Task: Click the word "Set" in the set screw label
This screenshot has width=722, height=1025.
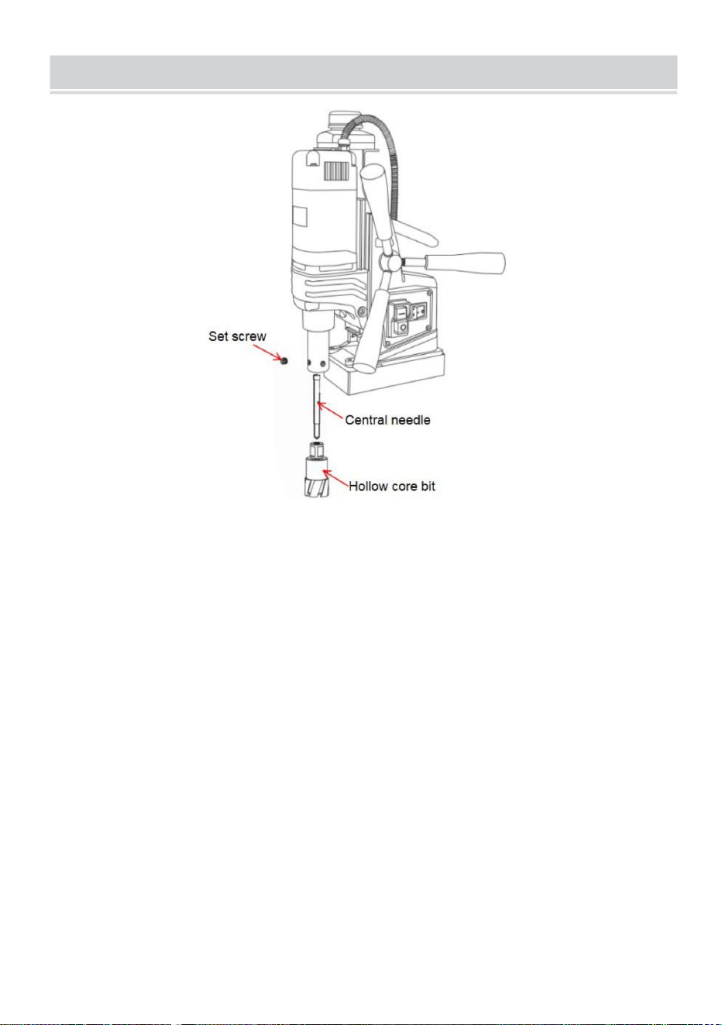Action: (x=218, y=336)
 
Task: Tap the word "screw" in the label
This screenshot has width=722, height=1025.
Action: (x=249, y=337)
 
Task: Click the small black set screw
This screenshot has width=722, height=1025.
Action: (x=284, y=361)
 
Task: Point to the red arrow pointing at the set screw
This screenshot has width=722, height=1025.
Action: (x=266, y=352)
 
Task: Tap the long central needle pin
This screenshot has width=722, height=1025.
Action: (x=316, y=406)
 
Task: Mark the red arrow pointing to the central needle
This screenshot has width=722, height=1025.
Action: (x=330, y=410)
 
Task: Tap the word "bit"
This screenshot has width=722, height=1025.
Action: (x=428, y=486)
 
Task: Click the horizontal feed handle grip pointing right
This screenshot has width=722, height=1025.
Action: (x=465, y=263)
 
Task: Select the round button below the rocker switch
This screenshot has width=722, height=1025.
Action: (x=402, y=328)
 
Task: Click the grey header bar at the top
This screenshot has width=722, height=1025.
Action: (x=363, y=72)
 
